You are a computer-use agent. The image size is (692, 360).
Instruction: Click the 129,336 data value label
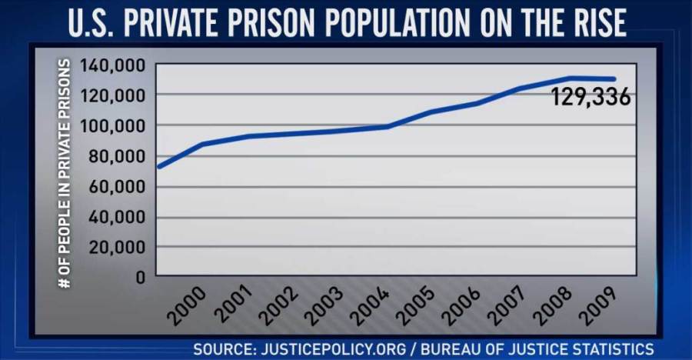(591, 98)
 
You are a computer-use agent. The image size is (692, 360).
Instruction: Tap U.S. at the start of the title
(91, 23)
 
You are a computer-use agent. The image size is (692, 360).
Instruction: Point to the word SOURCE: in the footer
(222, 348)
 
